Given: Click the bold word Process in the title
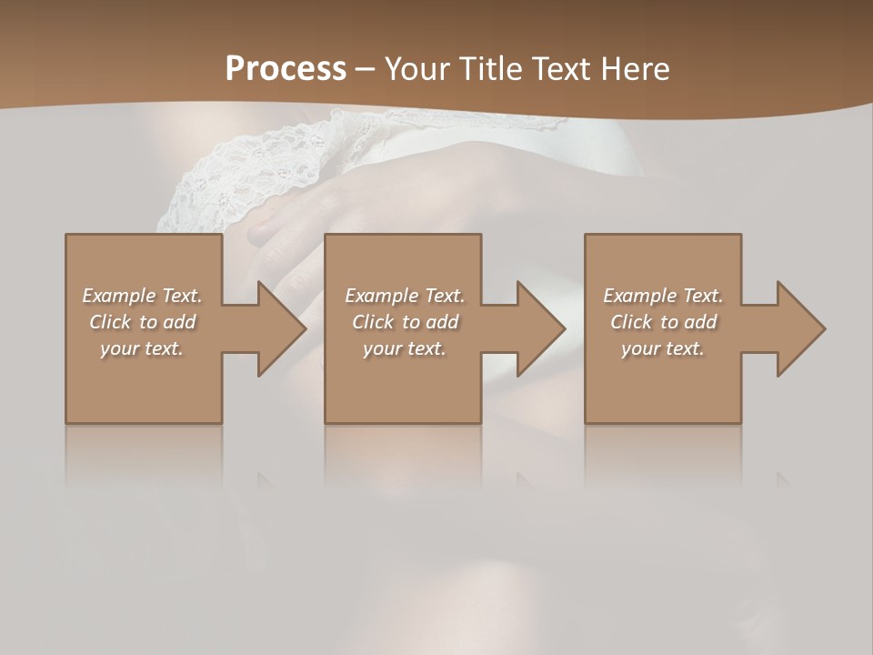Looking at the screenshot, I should tap(286, 69).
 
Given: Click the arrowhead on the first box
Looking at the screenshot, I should tap(278, 328).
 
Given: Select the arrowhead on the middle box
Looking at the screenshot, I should tap(537, 328).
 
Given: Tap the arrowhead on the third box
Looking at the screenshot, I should tap(798, 328).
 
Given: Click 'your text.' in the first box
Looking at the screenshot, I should tap(142, 348).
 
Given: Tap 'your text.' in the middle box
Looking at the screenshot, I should tap(405, 348).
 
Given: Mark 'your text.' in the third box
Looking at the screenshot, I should tap(663, 348).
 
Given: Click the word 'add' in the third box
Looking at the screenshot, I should tap(701, 322).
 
